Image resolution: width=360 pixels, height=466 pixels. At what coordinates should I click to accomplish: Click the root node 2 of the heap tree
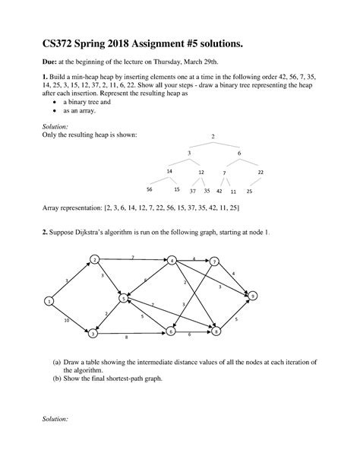[213, 137]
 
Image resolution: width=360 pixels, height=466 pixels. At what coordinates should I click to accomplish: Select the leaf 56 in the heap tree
[150, 189]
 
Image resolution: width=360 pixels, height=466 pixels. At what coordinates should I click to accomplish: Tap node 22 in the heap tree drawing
[261, 173]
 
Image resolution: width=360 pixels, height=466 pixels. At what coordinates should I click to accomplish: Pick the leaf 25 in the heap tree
[249, 191]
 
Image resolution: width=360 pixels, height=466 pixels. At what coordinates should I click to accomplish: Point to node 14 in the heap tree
[169, 172]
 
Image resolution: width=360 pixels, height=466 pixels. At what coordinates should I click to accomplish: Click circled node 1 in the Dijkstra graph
[49, 302]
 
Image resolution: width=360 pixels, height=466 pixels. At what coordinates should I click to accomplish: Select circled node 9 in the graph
[254, 295]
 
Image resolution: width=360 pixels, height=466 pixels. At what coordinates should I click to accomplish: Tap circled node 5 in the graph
[122, 300]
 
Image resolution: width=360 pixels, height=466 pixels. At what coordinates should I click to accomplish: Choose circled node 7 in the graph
[215, 262]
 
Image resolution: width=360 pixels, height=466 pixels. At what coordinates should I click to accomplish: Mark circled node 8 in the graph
[217, 332]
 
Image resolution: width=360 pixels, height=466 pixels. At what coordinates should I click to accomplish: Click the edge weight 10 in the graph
[67, 320]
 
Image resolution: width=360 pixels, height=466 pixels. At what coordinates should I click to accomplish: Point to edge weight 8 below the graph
[126, 337]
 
